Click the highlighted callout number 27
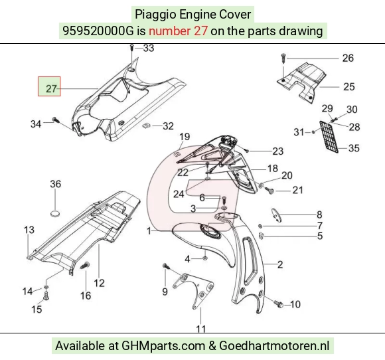(x=51, y=88)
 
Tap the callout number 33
(x=149, y=48)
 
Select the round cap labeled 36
(x=55, y=213)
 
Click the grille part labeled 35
(x=329, y=136)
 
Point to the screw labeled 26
(x=283, y=58)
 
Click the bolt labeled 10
(x=279, y=304)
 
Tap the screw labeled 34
(x=56, y=120)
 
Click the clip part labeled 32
(x=146, y=126)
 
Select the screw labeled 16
(x=85, y=266)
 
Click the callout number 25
(x=348, y=87)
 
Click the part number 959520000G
(x=98, y=31)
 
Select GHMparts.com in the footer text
(x=163, y=345)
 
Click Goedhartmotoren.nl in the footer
(x=274, y=345)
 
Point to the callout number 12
(x=99, y=283)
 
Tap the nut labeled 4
(x=205, y=258)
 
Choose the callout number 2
(x=280, y=264)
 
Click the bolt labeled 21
(x=269, y=190)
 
